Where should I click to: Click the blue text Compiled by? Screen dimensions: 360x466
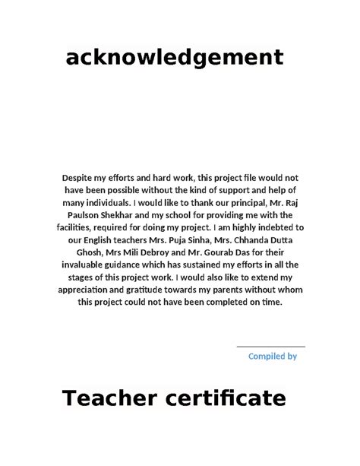click(x=273, y=355)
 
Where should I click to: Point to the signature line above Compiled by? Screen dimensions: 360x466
click(x=271, y=347)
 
